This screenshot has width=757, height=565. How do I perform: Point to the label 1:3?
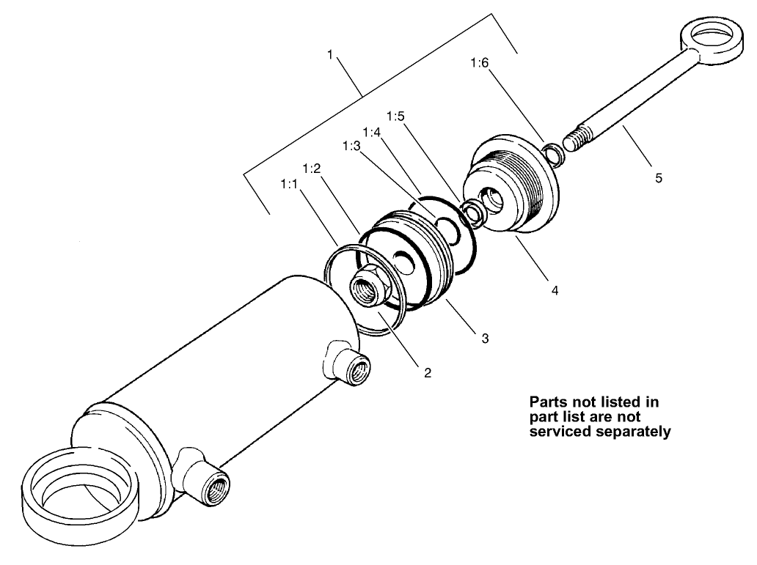pyautogui.click(x=351, y=147)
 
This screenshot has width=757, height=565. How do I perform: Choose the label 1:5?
pyautogui.click(x=395, y=117)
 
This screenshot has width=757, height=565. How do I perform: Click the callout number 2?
pyautogui.click(x=427, y=372)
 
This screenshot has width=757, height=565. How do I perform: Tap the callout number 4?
pyautogui.click(x=555, y=290)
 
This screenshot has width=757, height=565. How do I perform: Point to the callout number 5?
pyautogui.click(x=658, y=177)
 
